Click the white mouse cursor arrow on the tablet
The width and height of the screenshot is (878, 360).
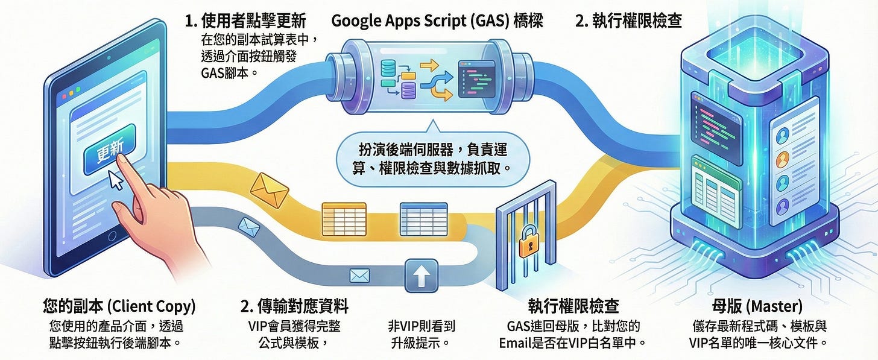click(x=115, y=179)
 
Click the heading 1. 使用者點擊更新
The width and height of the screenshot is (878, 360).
click(x=245, y=22)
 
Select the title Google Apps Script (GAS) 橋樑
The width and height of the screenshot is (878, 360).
click(x=437, y=22)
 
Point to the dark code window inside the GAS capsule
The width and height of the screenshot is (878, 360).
click(x=478, y=78)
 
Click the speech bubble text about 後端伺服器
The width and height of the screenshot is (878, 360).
click(x=430, y=156)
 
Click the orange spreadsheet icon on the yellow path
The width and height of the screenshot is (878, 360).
click(x=344, y=215)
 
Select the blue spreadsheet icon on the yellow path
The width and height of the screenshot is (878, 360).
click(x=423, y=215)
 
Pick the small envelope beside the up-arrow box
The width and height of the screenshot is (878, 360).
click(x=359, y=276)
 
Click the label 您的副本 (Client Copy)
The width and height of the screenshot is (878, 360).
click(x=119, y=307)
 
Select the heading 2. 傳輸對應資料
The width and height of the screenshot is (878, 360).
click(x=294, y=307)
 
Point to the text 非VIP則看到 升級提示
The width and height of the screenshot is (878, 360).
click(x=422, y=335)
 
